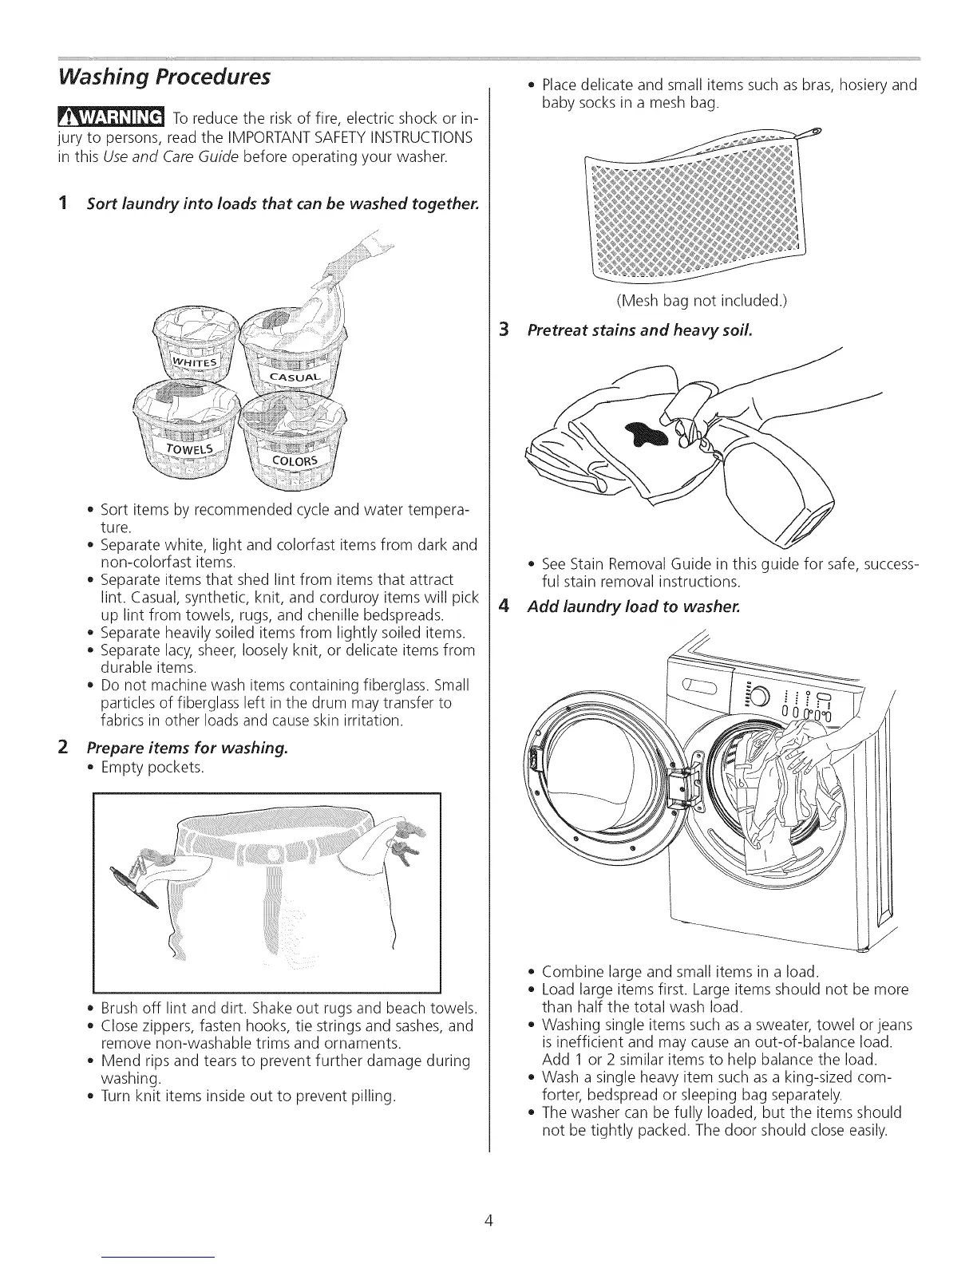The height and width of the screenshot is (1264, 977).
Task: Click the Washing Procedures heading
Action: coord(162,77)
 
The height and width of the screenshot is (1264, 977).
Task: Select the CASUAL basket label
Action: coord(295,377)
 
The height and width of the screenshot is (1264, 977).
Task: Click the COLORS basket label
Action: coord(295,463)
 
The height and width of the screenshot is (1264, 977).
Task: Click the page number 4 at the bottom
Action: coord(488,1220)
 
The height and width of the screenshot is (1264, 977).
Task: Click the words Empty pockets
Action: coord(152,768)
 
